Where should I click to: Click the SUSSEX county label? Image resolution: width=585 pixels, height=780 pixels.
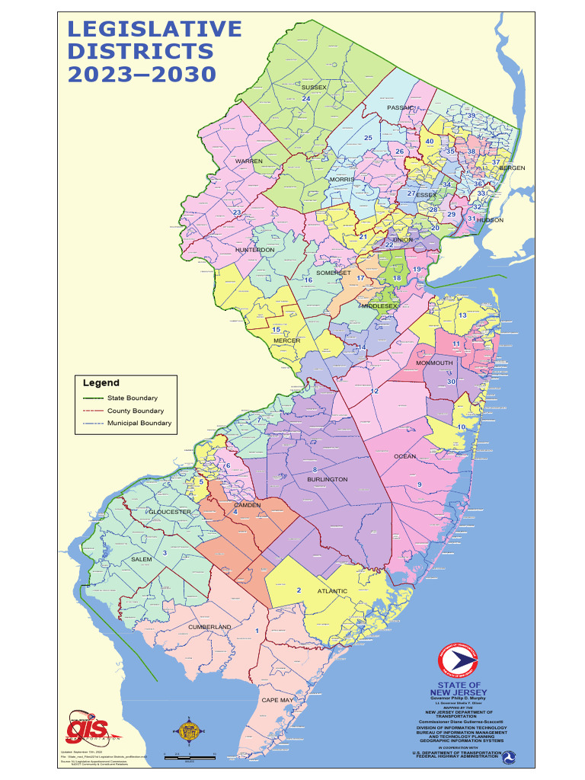[314, 88]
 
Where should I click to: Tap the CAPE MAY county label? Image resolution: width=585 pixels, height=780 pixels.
[277, 699]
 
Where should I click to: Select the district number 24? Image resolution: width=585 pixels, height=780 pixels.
[306, 99]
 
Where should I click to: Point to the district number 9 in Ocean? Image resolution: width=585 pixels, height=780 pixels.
[419, 485]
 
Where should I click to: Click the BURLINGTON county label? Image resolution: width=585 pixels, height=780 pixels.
[328, 480]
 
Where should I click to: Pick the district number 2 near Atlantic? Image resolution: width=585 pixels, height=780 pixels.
[299, 590]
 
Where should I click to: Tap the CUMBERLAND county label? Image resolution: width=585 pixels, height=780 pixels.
[209, 627]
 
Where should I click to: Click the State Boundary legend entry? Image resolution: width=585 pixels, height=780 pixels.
[132, 398]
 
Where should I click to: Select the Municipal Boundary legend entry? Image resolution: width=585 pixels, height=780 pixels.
[139, 423]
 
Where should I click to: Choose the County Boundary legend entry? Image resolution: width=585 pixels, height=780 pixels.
[135, 411]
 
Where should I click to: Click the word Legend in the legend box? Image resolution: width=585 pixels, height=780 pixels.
[101, 383]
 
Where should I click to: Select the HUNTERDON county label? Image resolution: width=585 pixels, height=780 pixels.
[255, 250]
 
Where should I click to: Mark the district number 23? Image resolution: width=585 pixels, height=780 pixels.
[237, 213]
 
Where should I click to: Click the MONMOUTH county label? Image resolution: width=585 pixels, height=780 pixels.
[434, 363]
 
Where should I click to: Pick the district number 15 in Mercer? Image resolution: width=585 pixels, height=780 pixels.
[277, 329]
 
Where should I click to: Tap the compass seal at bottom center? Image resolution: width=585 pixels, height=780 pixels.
[187, 732]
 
